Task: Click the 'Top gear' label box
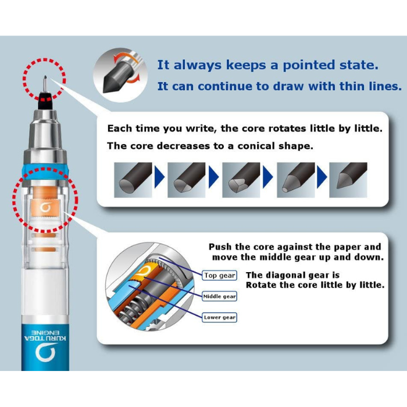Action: (x=220, y=276)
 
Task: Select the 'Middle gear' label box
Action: (x=220, y=297)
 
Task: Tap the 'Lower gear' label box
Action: (x=220, y=317)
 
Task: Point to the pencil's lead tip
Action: (x=45, y=77)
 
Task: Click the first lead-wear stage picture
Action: (x=133, y=180)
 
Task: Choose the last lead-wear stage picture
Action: (x=348, y=180)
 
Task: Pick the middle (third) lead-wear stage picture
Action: (x=241, y=180)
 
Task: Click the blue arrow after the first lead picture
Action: (x=159, y=177)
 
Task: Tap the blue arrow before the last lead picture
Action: (x=322, y=177)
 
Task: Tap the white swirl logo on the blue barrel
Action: (x=45, y=352)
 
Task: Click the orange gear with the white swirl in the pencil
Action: (x=45, y=208)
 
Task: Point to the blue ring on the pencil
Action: (x=45, y=169)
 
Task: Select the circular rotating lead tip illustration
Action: (x=120, y=75)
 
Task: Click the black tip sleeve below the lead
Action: (x=45, y=101)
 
